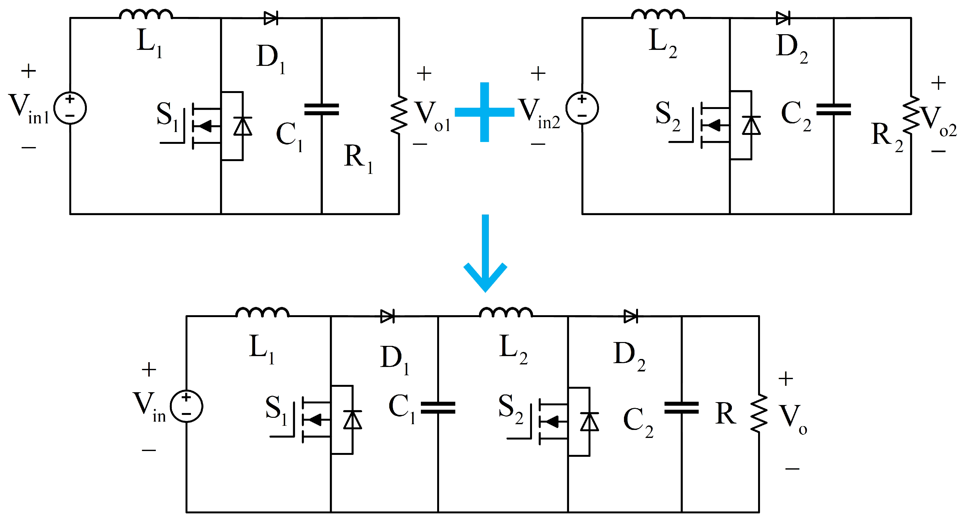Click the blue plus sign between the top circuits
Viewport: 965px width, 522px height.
[484, 112]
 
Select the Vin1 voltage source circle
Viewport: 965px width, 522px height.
[70, 108]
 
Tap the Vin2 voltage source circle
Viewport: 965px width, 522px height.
[582, 108]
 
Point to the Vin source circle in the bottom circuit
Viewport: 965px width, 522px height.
[186, 406]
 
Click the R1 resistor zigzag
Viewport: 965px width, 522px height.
[399, 115]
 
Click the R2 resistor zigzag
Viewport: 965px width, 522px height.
[911, 115]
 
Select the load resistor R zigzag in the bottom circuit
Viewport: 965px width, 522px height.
[759, 414]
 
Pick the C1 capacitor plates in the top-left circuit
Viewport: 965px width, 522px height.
[322, 110]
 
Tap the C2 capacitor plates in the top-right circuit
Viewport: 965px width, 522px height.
[833, 110]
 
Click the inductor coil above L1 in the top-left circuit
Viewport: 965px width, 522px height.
[146, 15]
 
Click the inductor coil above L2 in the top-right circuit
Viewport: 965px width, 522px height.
[658, 15]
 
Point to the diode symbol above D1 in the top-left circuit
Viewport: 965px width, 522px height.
[271, 18]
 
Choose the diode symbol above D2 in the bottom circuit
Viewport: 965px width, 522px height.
[630, 316]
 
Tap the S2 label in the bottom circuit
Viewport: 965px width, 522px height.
[510, 409]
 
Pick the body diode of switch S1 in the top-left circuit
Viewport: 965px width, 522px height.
[243, 126]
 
